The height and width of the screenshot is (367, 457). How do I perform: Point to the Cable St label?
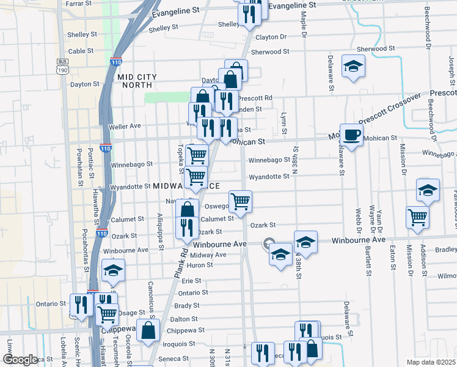pos(81,51)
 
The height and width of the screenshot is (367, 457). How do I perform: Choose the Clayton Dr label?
pos(271,37)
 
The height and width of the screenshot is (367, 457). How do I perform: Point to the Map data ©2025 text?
pos(431,362)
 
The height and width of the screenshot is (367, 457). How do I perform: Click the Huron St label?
pos(200,265)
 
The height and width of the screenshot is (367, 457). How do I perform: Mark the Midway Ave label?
pos(208,254)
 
